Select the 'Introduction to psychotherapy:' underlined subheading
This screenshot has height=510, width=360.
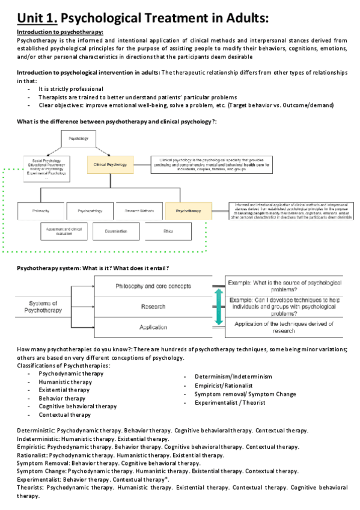pos(59,32)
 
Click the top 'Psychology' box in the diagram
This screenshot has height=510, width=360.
pos(78,139)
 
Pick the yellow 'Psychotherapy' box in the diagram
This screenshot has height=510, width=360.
pos(188,211)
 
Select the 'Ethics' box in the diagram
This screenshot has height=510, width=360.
pos(168,231)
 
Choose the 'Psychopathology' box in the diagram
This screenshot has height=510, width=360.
pos(90,211)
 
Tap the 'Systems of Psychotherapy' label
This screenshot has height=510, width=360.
pos(43,306)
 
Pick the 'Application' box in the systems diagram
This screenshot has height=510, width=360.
pos(153,327)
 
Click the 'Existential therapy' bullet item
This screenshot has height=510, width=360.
pos(65,390)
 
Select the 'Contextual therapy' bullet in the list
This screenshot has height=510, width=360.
pos(65,414)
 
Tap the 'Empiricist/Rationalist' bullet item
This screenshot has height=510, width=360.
pos(224,386)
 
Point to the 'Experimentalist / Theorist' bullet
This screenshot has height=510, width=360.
pos(230,402)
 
